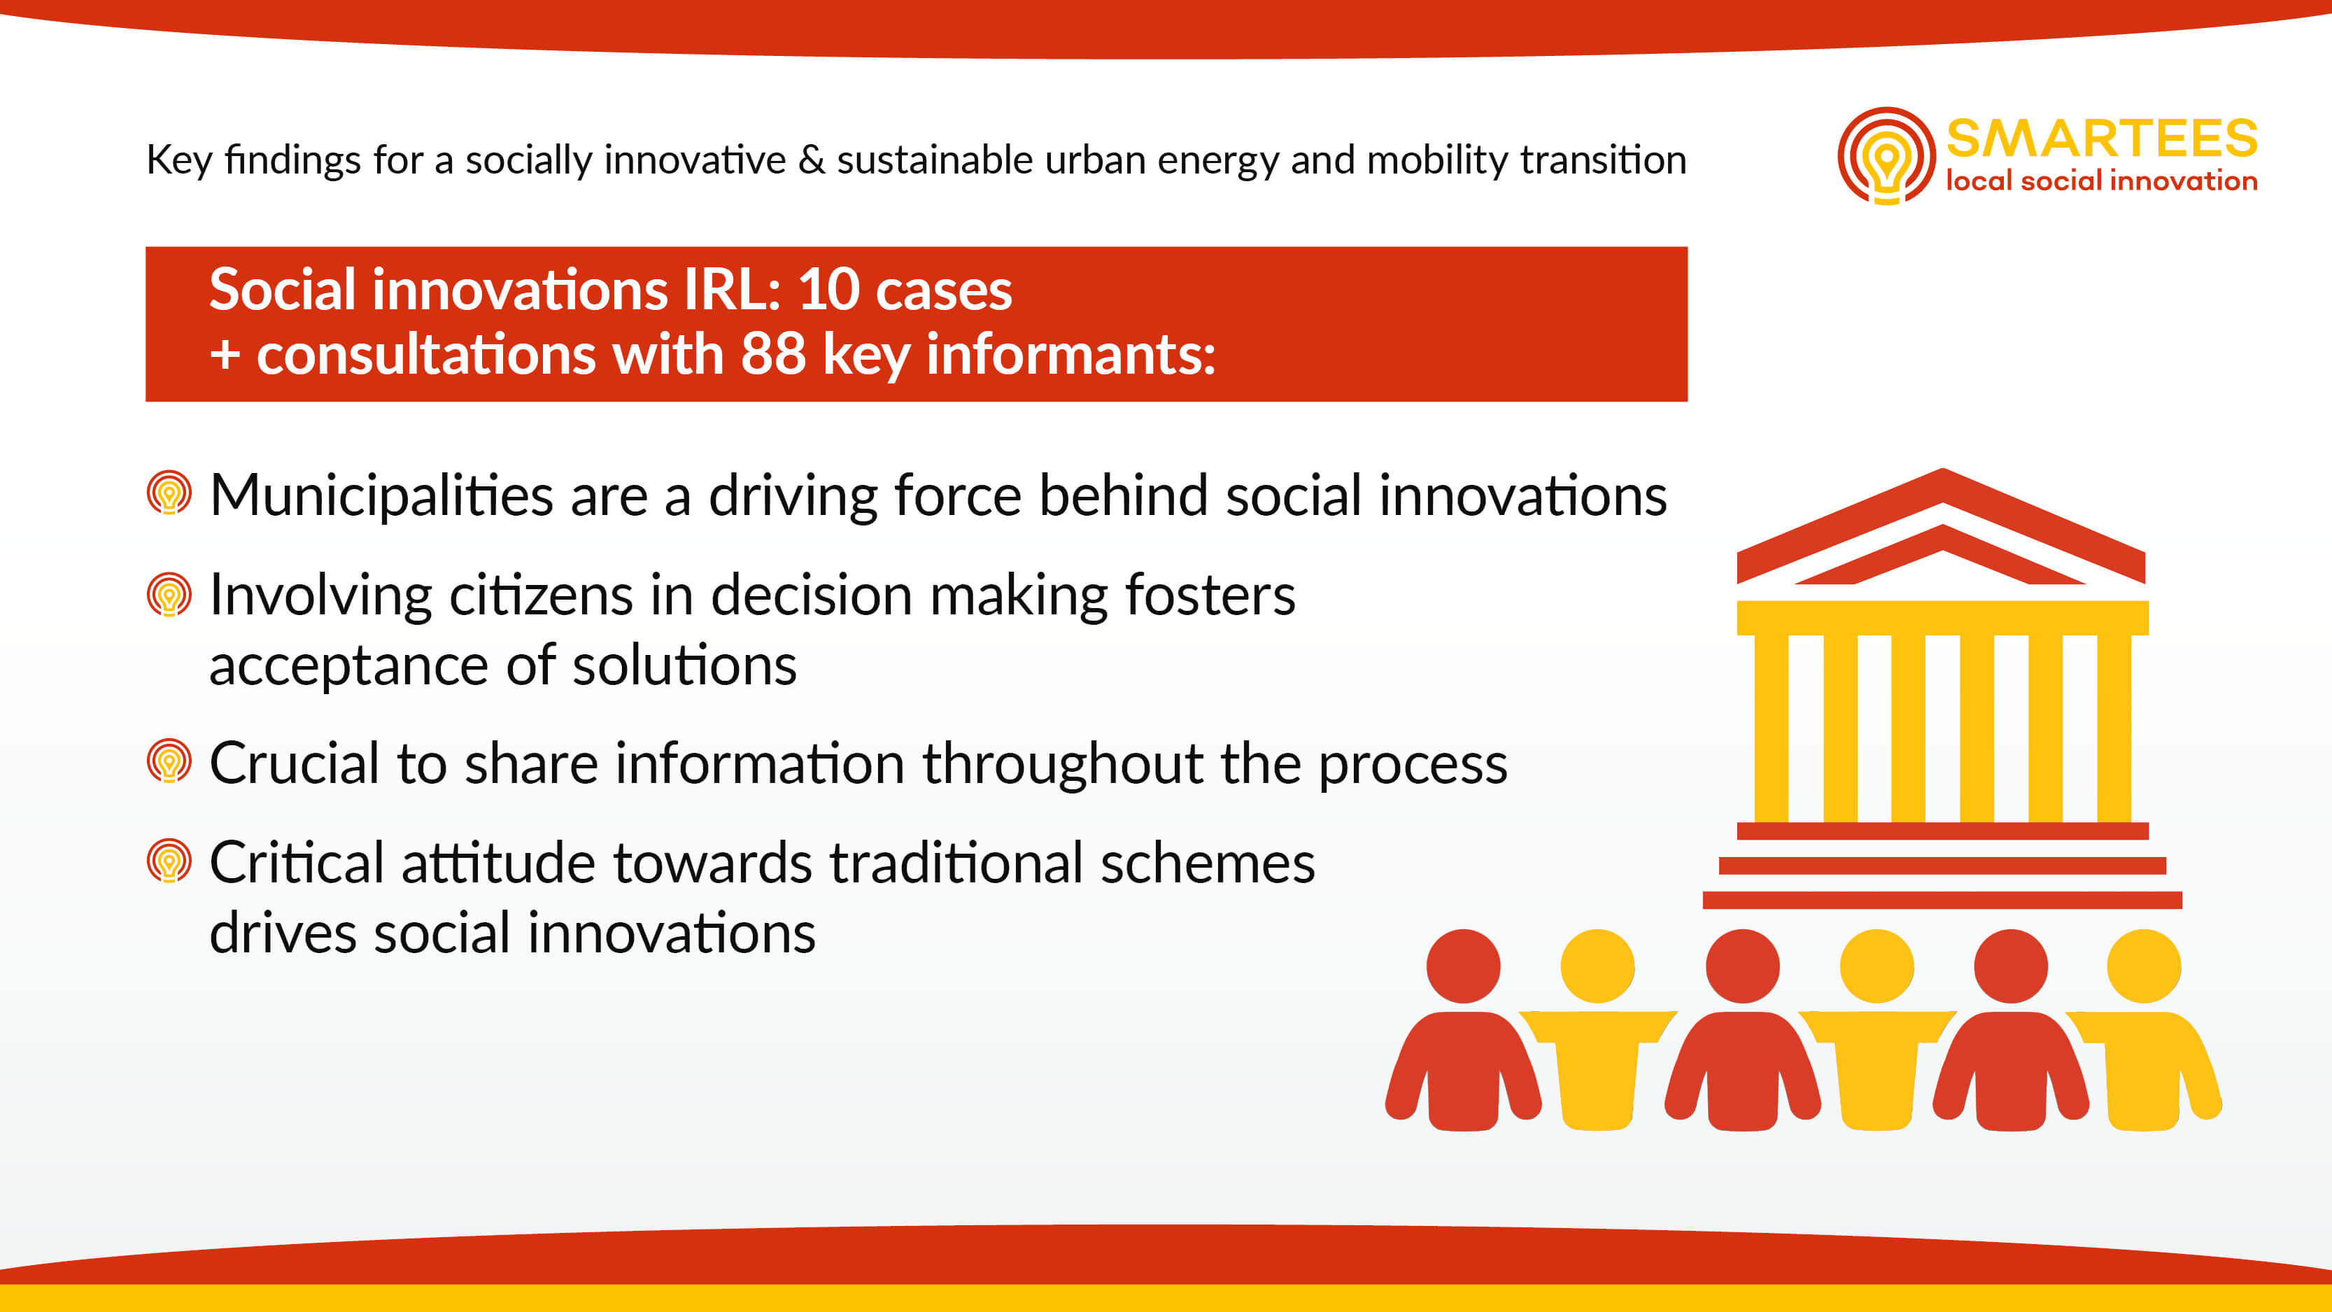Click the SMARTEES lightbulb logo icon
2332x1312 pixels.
click(1886, 156)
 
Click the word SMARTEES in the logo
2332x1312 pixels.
click(2102, 139)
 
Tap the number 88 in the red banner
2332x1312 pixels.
click(773, 353)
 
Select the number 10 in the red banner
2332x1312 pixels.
click(828, 290)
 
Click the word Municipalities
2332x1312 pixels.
click(381, 497)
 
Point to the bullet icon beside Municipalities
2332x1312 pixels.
click(169, 493)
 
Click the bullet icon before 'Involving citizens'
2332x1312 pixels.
click(169, 595)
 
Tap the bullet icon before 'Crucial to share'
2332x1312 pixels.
click(169, 761)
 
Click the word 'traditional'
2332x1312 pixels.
click(956, 863)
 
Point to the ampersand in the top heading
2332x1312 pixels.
click(812, 160)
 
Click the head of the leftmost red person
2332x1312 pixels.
click(1463, 966)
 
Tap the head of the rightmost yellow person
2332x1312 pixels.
click(2144, 966)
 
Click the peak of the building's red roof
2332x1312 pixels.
click(1943, 471)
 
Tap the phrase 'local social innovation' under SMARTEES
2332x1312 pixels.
click(2102, 181)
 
